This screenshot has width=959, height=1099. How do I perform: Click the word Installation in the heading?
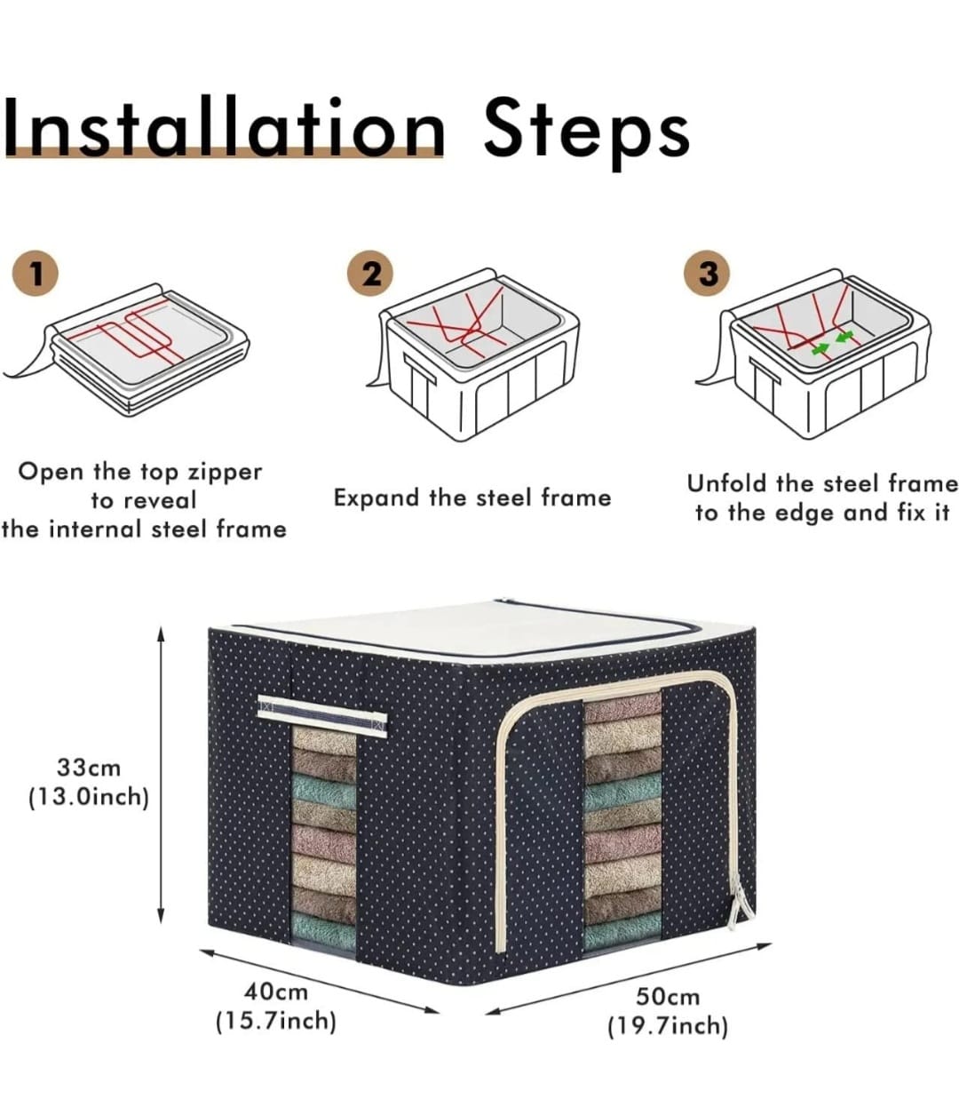pyautogui.click(x=224, y=128)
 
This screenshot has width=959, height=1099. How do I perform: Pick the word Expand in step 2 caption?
pyautogui.click(x=376, y=499)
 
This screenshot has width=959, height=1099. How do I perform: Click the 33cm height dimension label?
pyautogui.click(x=89, y=768)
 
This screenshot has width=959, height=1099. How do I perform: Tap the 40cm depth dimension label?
pyautogui.click(x=276, y=992)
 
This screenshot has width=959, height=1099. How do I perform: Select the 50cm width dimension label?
pyautogui.click(x=668, y=997)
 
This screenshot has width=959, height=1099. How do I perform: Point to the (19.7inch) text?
pyautogui.click(x=668, y=1026)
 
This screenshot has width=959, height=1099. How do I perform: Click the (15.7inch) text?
pyautogui.click(x=276, y=1021)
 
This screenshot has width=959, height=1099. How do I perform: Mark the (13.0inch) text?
pyautogui.click(x=89, y=797)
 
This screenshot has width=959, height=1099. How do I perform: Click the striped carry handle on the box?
pyautogui.click(x=322, y=713)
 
